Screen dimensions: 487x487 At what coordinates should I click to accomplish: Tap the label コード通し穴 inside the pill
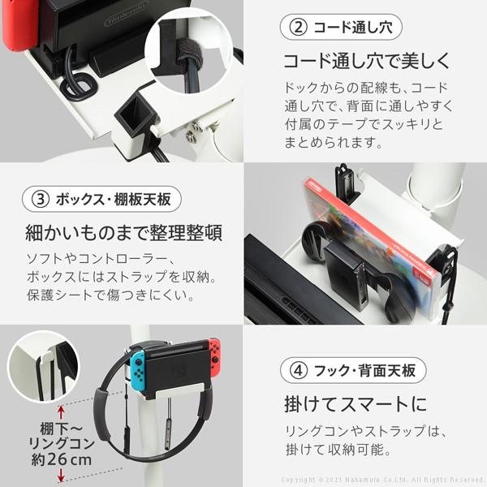[351, 27]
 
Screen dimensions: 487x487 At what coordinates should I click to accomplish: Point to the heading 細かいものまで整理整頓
[120, 235]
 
